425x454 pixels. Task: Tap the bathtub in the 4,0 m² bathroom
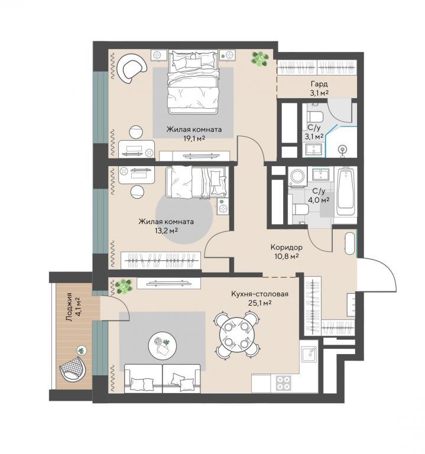(x=346, y=192)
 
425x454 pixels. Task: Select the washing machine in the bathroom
(x=297, y=176)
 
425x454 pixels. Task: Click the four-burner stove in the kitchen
(x=283, y=383)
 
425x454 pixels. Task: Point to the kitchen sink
(x=309, y=355)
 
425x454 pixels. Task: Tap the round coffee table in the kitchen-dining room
(x=162, y=346)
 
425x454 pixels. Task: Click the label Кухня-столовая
(x=259, y=294)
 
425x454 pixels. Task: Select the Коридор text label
(x=287, y=247)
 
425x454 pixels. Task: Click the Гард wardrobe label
(x=319, y=85)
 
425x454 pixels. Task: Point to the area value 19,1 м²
(x=194, y=138)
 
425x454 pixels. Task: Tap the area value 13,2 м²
(x=166, y=231)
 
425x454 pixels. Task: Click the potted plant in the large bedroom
(x=260, y=59)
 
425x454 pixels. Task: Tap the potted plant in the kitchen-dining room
(x=124, y=286)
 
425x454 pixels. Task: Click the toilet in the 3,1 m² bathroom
(x=314, y=116)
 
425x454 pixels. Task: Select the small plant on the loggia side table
(x=82, y=351)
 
